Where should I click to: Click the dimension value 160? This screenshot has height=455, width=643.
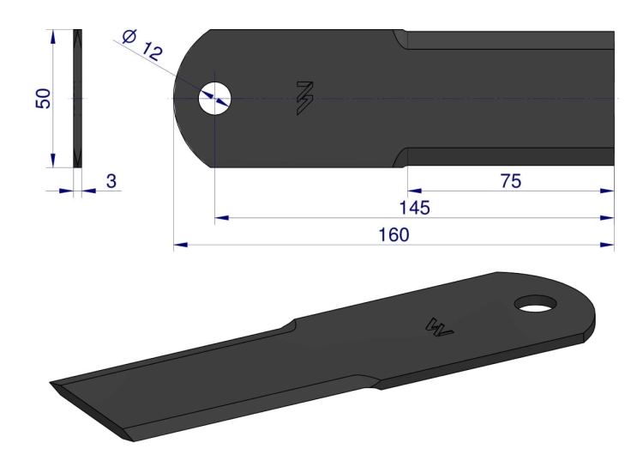point(394,234)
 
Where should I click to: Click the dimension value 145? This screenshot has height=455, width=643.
point(414,208)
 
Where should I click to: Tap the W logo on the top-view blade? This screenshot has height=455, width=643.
point(304,99)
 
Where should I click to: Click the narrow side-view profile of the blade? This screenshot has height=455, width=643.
point(78,99)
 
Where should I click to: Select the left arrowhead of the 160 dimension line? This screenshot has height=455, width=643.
point(179,246)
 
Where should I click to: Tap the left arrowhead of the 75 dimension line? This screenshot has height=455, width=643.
point(412,191)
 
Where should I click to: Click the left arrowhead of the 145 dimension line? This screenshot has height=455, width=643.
point(220,218)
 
